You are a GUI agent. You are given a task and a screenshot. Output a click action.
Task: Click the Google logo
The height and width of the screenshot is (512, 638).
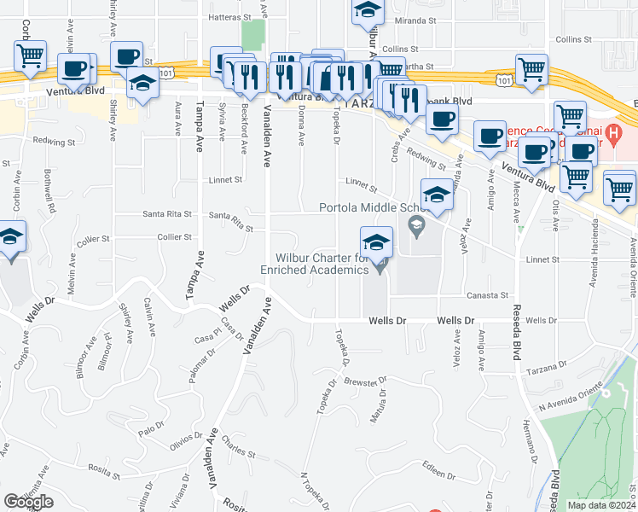(28, 502)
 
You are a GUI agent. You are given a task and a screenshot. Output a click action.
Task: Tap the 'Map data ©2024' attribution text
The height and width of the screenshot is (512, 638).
(602, 505)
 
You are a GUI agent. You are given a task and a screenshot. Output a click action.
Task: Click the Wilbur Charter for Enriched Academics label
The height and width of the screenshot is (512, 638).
(322, 264)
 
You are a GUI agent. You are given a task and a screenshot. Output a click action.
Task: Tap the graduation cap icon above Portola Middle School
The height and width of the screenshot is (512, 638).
(437, 195)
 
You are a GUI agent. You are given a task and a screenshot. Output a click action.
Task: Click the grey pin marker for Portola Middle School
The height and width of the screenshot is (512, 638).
(416, 225)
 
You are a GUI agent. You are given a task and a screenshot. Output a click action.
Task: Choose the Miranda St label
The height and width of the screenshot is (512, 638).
(415, 18)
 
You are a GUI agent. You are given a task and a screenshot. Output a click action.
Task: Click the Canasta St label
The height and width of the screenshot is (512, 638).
(487, 295)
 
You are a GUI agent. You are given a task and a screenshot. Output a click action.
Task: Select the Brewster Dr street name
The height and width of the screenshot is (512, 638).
(366, 381)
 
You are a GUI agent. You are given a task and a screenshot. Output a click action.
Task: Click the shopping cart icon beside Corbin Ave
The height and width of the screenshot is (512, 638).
(30, 57)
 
